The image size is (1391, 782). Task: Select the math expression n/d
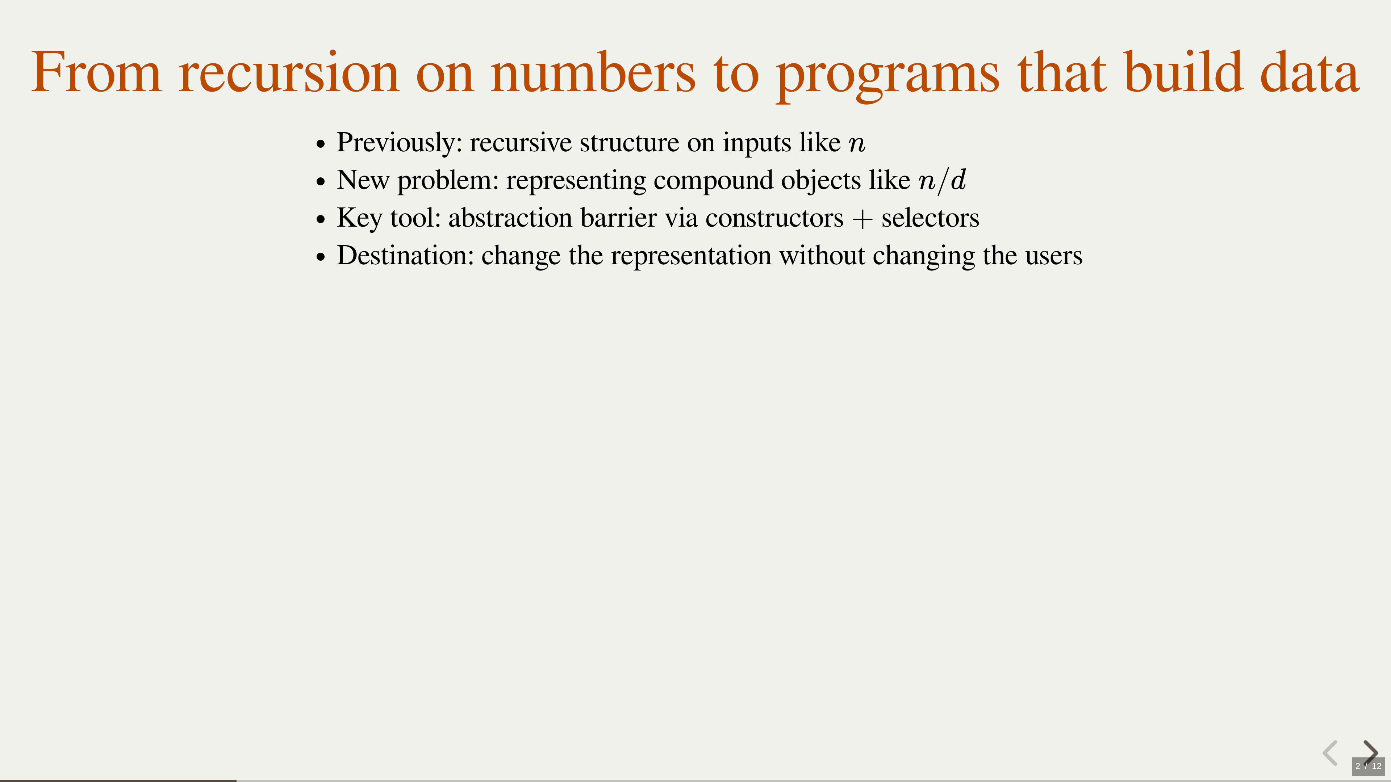[x=942, y=181]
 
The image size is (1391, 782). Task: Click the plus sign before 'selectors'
[x=862, y=219]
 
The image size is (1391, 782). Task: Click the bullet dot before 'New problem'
[x=321, y=182]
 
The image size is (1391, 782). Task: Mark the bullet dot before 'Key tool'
[x=321, y=220]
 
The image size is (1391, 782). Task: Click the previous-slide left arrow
[x=1331, y=752]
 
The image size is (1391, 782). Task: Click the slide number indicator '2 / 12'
[x=1368, y=766]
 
